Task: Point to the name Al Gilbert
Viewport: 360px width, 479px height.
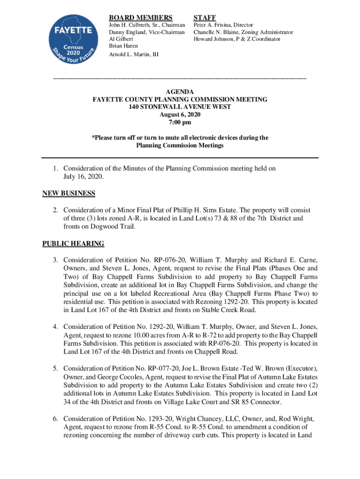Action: click(120, 39)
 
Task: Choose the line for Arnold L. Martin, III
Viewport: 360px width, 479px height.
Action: click(134, 55)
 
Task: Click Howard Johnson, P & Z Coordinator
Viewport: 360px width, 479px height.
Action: click(237, 39)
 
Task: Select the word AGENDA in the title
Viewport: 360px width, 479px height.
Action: click(180, 92)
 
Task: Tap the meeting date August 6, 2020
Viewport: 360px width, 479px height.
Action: click(180, 115)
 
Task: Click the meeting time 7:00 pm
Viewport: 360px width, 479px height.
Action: click(180, 123)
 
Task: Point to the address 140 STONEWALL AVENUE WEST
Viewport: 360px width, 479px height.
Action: click(180, 107)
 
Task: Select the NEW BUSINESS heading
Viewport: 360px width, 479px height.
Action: click(69, 193)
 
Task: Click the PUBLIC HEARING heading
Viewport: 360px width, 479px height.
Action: click(73, 244)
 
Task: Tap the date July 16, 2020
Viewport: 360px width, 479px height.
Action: click(83, 177)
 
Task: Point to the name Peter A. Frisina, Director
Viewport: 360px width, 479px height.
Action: click(223, 25)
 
